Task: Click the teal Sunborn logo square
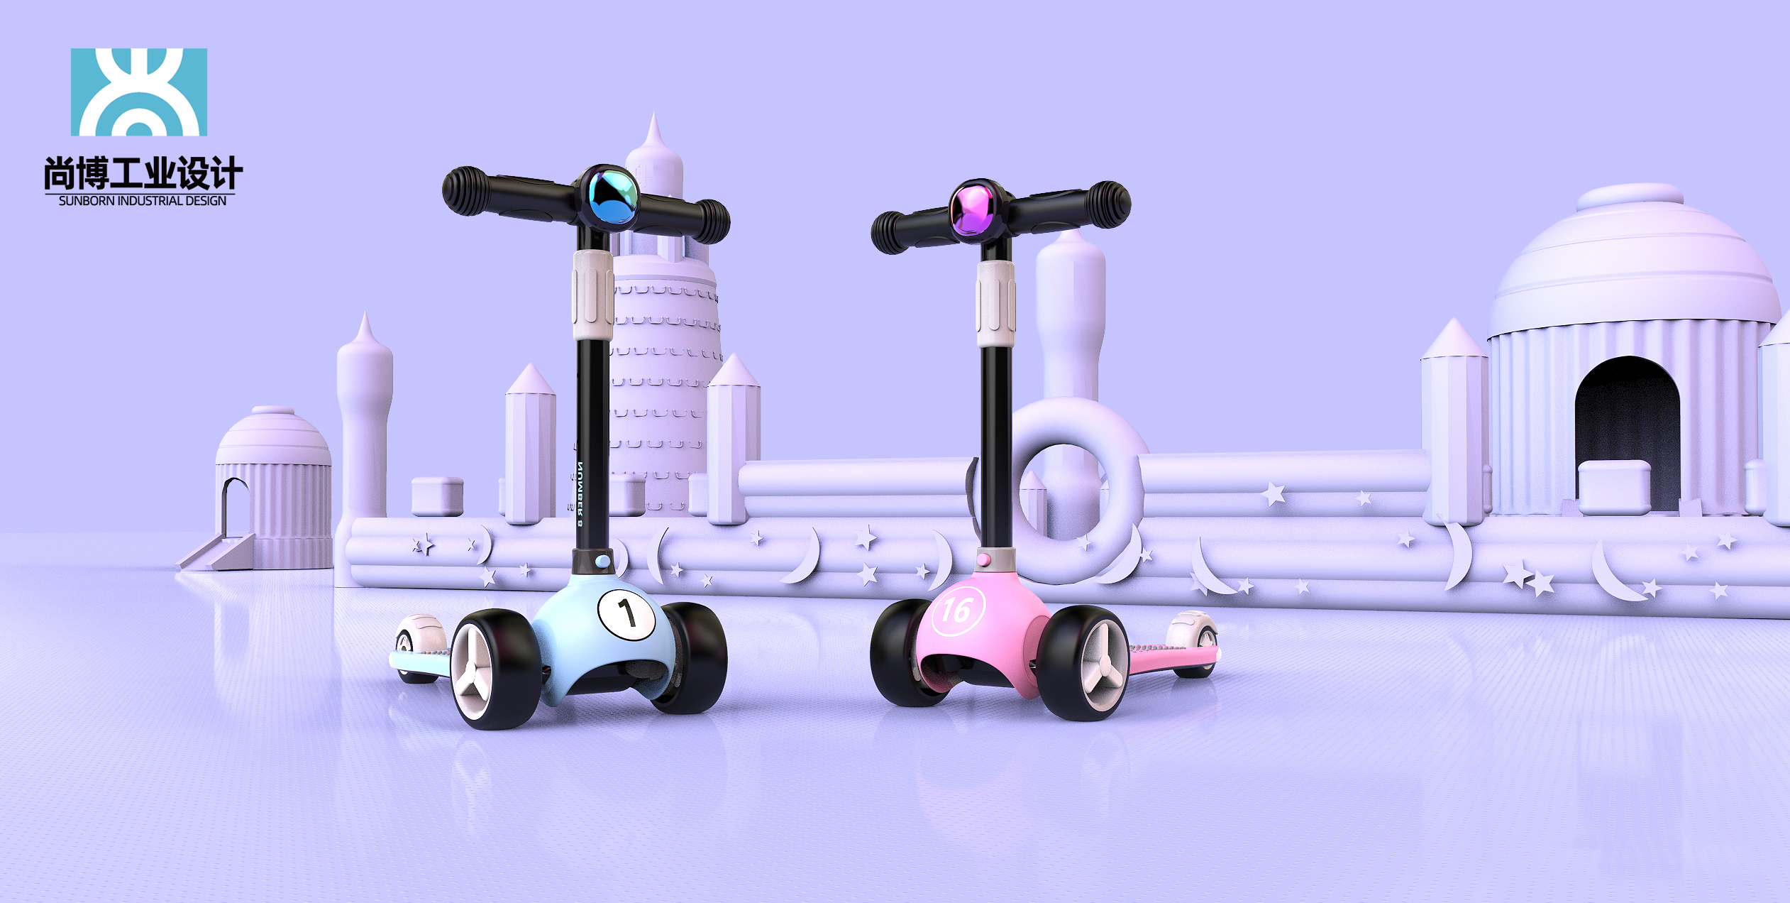(x=139, y=92)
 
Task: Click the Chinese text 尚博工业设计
(x=143, y=174)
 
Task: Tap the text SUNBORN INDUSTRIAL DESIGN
(x=143, y=201)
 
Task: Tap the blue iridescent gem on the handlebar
(x=612, y=197)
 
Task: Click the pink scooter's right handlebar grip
(x=1107, y=204)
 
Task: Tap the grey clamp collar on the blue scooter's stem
(x=593, y=294)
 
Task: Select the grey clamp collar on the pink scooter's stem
(x=995, y=303)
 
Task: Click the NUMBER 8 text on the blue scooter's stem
(x=580, y=493)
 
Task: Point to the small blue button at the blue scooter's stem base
(x=602, y=562)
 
